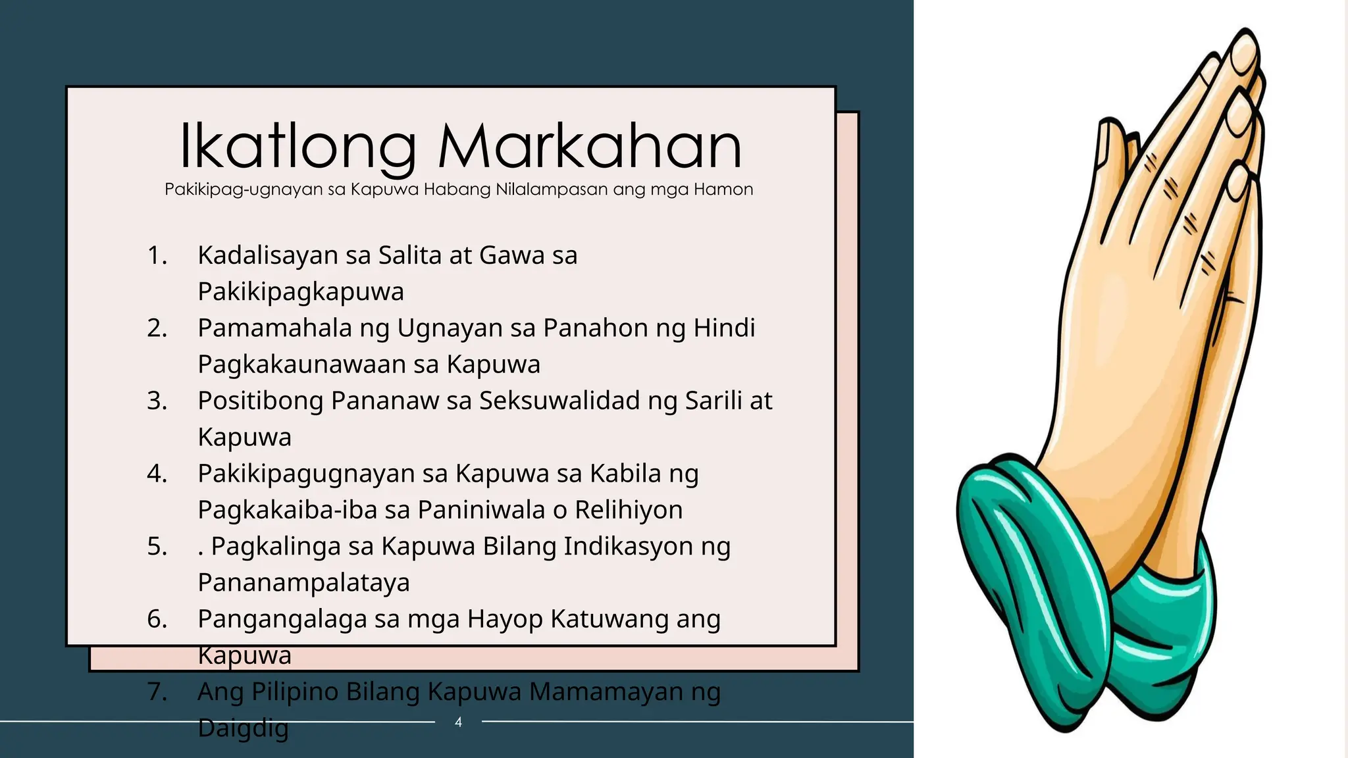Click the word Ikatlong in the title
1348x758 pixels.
[x=298, y=146]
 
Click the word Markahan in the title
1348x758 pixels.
[x=590, y=146]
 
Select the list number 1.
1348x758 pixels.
[x=157, y=255]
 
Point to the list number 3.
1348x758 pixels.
[x=157, y=401]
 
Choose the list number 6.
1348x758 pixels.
[x=157, y=619]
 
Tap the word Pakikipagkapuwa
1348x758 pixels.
[x=301, y=291]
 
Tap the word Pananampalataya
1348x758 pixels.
[x=303, y=583]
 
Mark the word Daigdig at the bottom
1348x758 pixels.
[x=243, y=728]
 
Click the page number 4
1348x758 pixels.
[x=458, y=722]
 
